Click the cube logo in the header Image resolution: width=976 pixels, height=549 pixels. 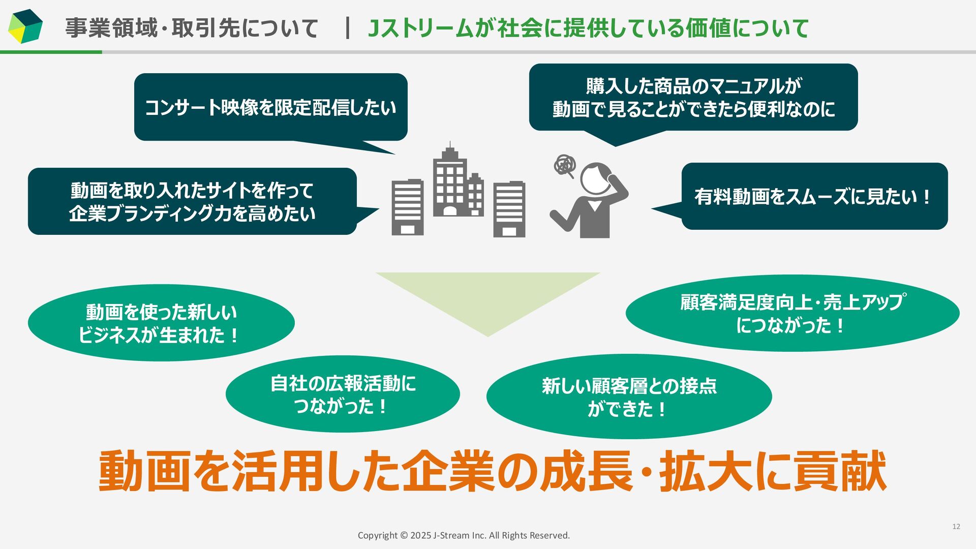point(25,26)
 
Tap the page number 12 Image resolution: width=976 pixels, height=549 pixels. point(956,527)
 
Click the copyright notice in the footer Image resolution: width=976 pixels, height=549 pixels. point(464,535)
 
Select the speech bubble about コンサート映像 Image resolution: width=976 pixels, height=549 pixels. point(270,107)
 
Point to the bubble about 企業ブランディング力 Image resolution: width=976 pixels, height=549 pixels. point(192,201)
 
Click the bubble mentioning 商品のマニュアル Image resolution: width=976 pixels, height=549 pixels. point(693,97)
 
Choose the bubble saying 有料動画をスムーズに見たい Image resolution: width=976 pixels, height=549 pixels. point(814,196)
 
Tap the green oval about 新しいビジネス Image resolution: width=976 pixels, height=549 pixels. point(161,323)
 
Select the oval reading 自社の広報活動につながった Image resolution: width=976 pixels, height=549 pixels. point(343,394)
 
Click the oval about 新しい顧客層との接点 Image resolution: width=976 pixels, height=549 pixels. point(629,396)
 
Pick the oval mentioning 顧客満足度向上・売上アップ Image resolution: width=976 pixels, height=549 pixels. point(792,313)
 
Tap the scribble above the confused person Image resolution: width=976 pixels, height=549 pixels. point(565,165)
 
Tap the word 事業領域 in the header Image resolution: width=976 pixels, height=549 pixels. point(111,27)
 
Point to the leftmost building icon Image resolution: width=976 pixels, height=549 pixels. point(407,207)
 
